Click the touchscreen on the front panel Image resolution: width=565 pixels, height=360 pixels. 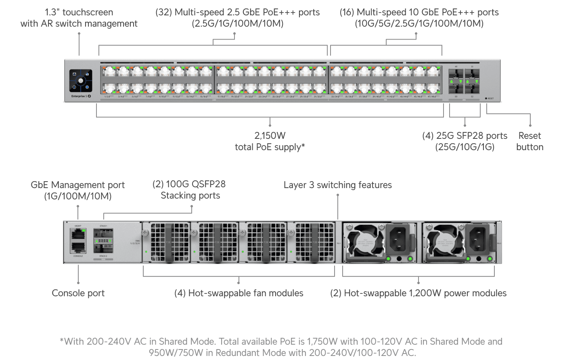pos(81,81)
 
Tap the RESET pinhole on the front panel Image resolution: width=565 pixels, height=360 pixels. pos(486,98)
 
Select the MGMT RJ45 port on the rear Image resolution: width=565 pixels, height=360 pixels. pos(78,234)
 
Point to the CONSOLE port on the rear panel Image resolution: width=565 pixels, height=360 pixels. pos(78,247)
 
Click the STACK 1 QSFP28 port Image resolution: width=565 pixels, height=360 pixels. pos(103,234)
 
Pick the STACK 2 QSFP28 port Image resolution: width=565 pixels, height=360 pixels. pos(103,247)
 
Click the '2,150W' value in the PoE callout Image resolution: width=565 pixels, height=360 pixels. pos(270,136)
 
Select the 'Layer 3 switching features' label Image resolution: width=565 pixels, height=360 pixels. pos(337,185)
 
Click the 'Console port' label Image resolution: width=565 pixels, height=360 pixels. pos(78,293)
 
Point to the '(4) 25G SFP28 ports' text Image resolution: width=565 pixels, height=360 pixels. pos(465,136)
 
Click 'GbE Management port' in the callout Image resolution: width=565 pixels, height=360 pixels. pos(78,185)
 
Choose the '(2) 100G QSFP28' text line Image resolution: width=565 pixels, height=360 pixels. pos(189,184)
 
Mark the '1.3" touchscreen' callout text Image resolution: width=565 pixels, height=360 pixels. pos(79,12)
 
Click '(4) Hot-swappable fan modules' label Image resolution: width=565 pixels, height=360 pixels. pos(239,293)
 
